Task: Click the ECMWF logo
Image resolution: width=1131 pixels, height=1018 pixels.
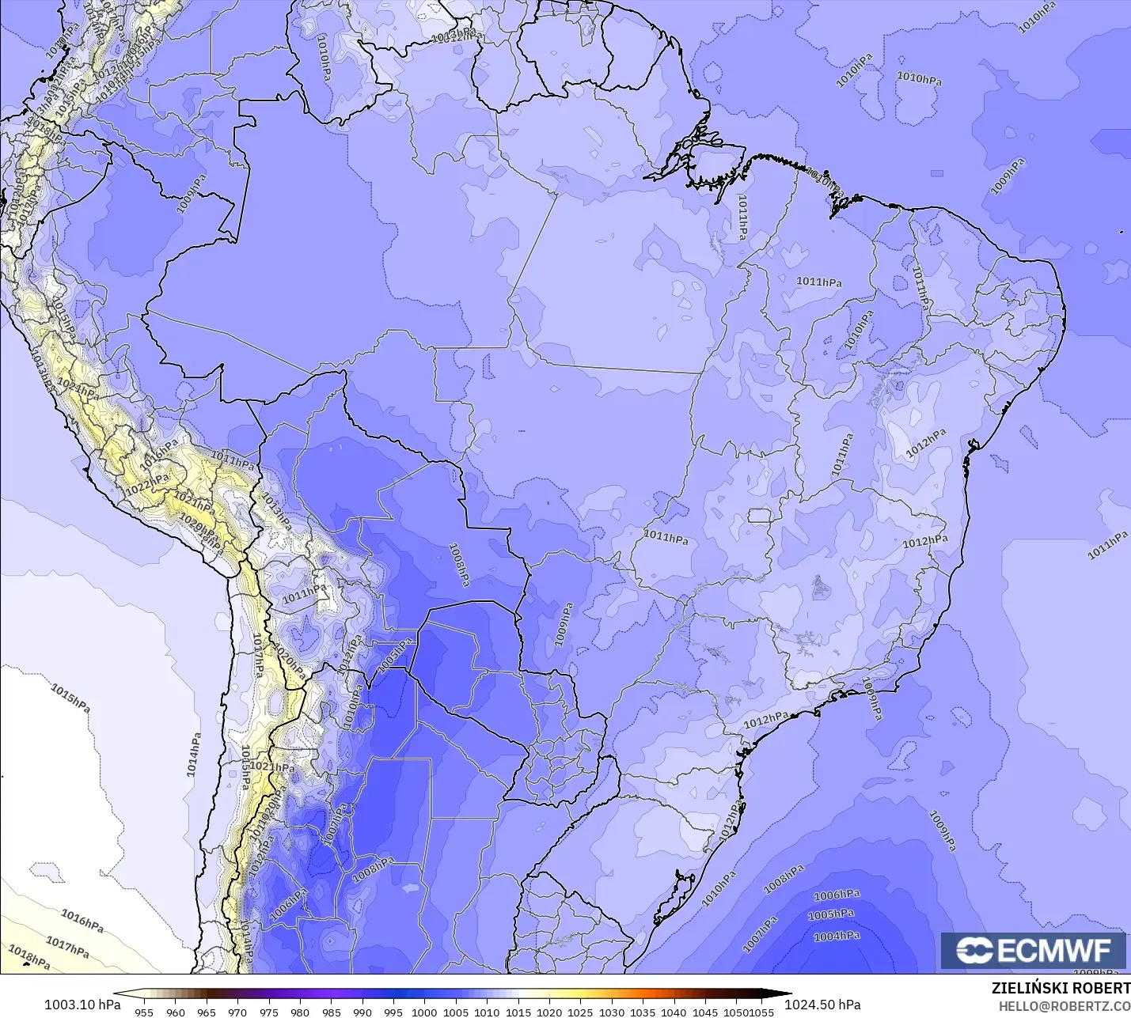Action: [x=1033, y=950]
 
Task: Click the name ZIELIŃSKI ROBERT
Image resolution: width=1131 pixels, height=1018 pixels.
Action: [x=1061, y=989]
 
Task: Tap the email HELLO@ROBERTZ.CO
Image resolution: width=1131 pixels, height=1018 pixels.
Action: [x=1064, y=1006]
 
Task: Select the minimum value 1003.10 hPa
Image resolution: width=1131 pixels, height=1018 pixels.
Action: [x=82, y=1005]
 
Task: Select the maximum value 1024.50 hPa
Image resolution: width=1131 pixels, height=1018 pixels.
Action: [x=822, y=1005]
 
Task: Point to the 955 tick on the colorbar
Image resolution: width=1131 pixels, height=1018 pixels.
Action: [x=144, y=1012]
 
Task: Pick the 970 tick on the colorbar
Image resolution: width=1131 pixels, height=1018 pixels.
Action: [x=237, y=1012]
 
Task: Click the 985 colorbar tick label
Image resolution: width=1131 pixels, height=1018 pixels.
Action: [x=331, y=1012]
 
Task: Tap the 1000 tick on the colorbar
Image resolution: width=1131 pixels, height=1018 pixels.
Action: [x=424, y=1012]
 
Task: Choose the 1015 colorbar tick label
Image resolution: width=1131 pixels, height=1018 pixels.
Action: [x=518, y=1012]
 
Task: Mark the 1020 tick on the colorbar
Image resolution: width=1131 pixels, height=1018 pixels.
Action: [x=549, y=1012]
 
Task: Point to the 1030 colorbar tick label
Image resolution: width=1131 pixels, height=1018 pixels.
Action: [x=612, y=1012]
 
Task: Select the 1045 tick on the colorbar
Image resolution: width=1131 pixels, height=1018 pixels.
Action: [x=705, y=1012]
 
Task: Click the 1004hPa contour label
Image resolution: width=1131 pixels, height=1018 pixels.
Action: [x=837, y=937]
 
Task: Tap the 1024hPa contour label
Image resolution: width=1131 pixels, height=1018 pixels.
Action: [x=78, y=389]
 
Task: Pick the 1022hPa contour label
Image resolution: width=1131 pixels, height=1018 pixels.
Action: [x=146, y=483]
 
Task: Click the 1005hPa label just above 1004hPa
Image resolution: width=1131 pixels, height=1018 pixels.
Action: [x=831, y=915]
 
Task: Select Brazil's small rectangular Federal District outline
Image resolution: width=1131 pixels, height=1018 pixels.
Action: [x=760, y=516]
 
